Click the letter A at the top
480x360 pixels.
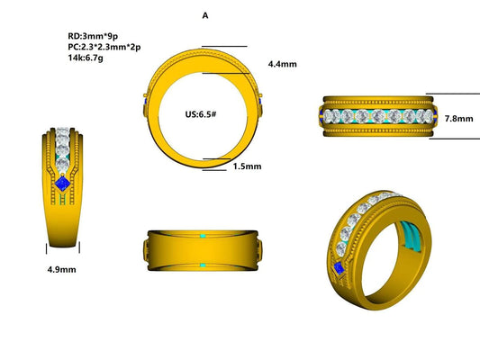205,16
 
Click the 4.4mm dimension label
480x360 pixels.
283,65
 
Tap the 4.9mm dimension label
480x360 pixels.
62,269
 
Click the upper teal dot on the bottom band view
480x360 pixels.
204,235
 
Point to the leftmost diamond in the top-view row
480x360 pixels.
336,117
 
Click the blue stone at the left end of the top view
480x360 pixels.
325,116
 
